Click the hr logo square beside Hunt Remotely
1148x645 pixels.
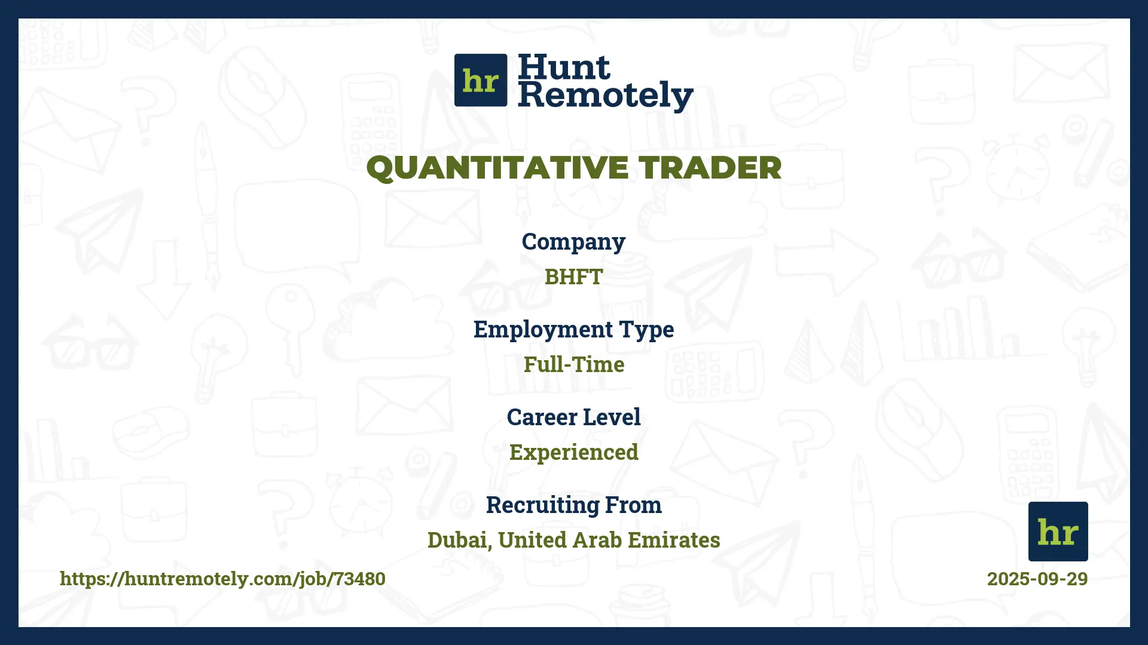481,80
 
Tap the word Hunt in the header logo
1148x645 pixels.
564,67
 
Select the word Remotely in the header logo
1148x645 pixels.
605,96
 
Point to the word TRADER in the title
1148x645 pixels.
710,168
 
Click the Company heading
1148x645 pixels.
573,242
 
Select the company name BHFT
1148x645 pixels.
573,277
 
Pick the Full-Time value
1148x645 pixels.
573,365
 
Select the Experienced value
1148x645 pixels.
573,453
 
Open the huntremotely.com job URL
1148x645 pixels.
222,579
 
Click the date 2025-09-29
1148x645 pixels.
1037,579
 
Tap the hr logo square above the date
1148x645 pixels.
1058,532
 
